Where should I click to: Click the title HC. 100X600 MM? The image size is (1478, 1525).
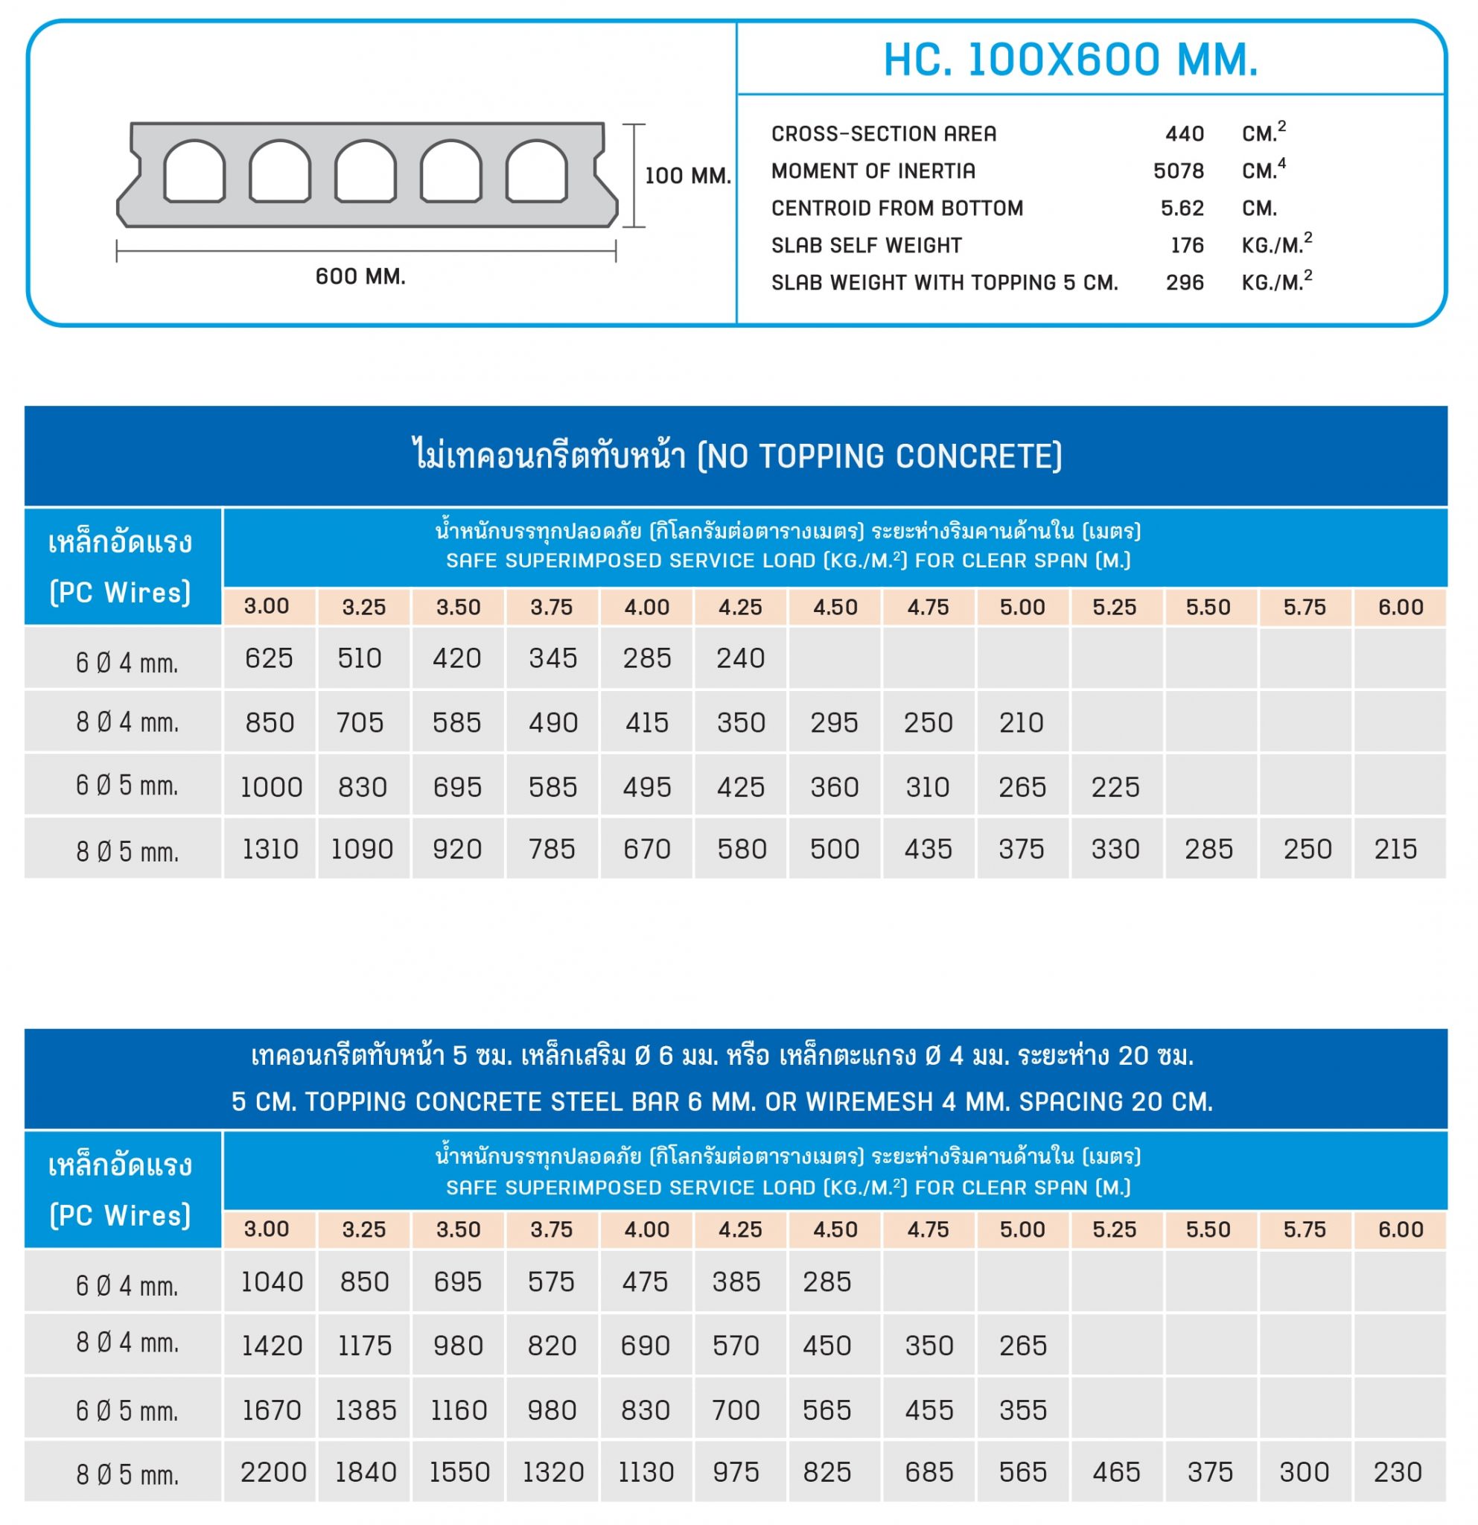pyautogui.click(x=1071, y=59)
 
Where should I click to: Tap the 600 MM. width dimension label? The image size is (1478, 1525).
pyautogui.click(x=360, y=277)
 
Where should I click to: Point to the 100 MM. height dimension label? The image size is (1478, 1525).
pyautogui.click(x=688, y=176)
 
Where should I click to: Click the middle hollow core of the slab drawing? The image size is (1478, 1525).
pyautogui.click(x=365, y=171)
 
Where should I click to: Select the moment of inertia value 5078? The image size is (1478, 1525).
pyautogui.click(x=1179, y=171)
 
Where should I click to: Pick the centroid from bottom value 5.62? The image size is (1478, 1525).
pyautogui.click(x=1182, y=208)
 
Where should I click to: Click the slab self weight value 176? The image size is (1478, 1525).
pyautogui.click(x=1187, y=246)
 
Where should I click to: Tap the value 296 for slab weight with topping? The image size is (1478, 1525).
pyautogui.click(x=1184, y=283)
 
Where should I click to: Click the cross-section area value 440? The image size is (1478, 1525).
pyautogui.click(x=1184, y=134)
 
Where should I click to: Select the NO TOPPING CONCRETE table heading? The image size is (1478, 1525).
pyautogui.click(x=736, y=456)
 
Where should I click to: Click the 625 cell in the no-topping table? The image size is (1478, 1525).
pyautogui.click(x=269, y=659)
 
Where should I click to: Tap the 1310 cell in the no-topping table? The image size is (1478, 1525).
pyautogui.click(x=270, y=849)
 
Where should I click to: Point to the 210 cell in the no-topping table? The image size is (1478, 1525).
pyautogui.click(x=1022, y=723)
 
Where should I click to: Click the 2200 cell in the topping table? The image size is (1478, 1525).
pyautogui.click(x=273, y=1472)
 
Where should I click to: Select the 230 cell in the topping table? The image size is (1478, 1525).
pyautogui.click(x=1398, y=1472)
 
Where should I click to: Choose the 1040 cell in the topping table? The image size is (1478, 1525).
pyautogui.click(x=272, y=1282)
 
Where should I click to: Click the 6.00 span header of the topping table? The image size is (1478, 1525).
pyautogui.click(x=1401, y=1229)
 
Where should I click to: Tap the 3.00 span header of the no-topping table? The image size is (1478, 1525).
pyautogui.click(x=266, y=606)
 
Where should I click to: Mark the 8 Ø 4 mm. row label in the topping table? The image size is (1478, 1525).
pyautogui.click(x=127, y=1342)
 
